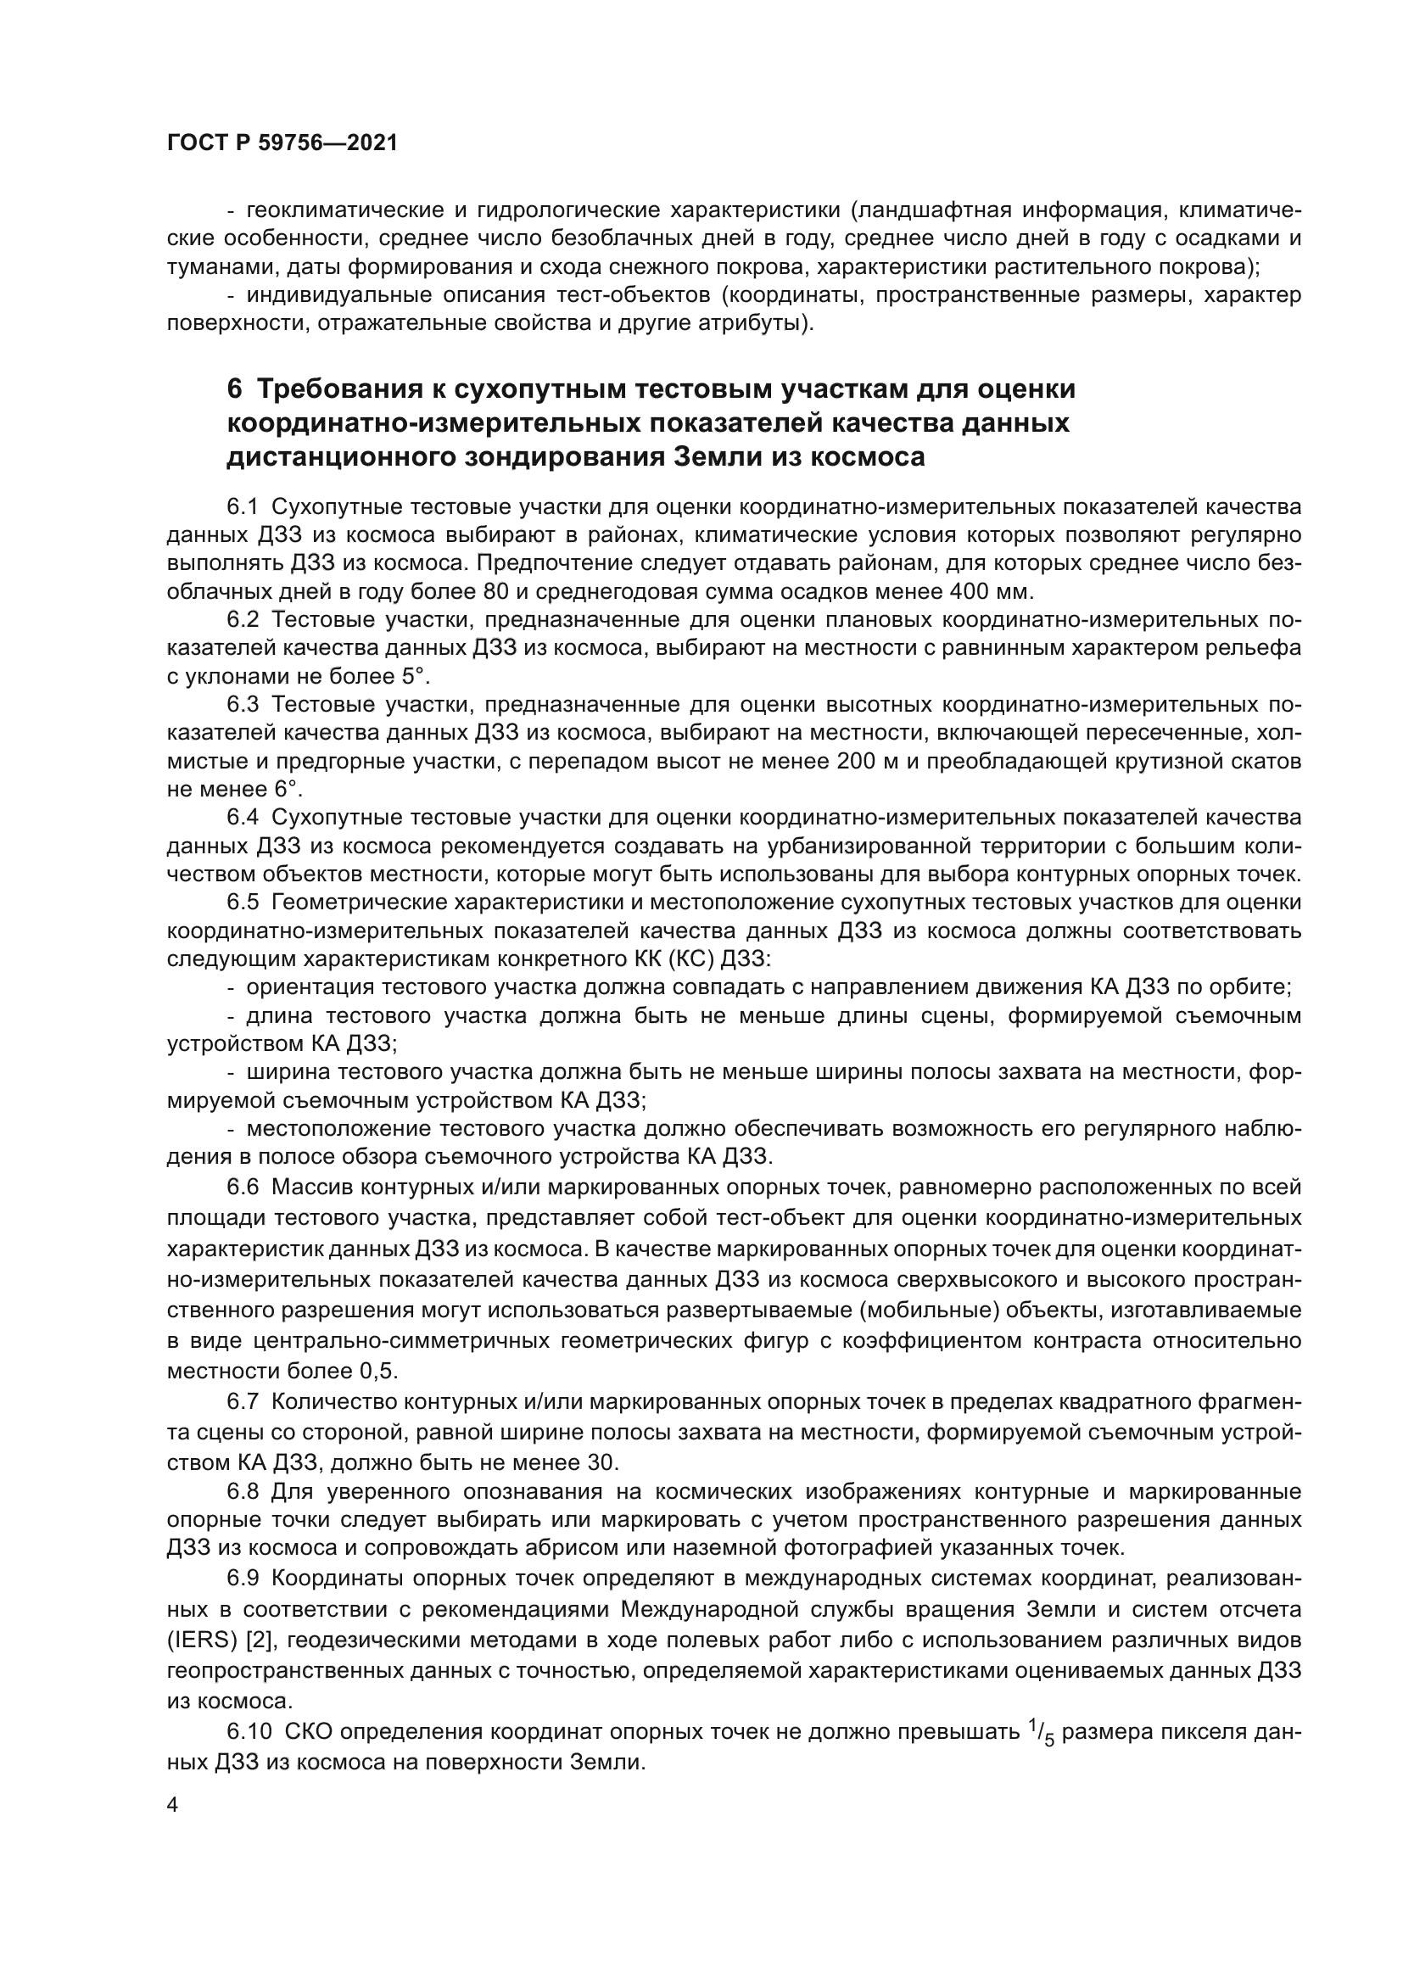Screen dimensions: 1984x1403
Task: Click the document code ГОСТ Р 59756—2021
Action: point(282,143)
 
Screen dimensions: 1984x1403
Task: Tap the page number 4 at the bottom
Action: point(173,1805)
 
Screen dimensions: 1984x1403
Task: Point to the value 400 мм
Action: point(990,592)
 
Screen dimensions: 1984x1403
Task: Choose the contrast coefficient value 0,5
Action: point(377,1371)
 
